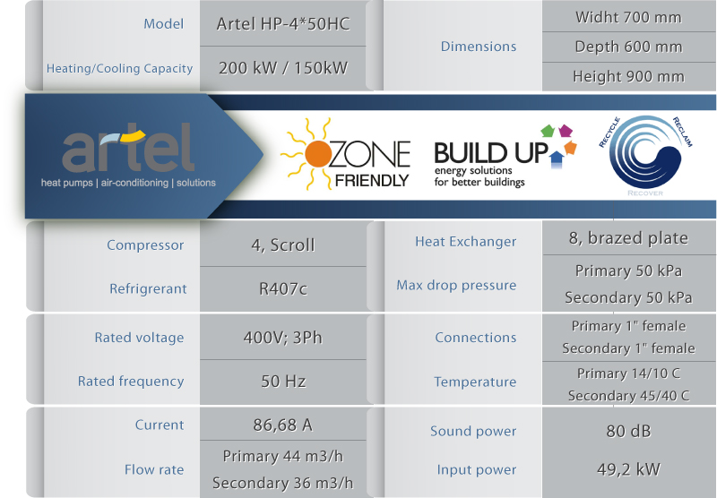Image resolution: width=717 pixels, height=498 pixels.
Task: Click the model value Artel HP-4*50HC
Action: [283, 24]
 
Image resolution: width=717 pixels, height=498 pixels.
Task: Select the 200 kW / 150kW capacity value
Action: [283, 68]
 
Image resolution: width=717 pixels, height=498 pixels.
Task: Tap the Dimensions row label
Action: [479, 47]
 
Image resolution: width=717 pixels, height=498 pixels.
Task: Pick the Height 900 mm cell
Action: [628, 76]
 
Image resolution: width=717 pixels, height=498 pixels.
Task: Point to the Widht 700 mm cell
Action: [628, 17]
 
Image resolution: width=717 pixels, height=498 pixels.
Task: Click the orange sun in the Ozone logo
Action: [318, 154]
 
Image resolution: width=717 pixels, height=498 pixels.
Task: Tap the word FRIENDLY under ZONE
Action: [372, 180]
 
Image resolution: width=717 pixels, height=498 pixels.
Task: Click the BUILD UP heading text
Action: [491, 153]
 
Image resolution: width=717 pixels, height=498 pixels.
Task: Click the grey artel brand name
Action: [128, 147]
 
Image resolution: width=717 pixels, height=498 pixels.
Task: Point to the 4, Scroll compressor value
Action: [283, 245]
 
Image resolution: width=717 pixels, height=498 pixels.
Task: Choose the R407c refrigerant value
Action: [283, 288]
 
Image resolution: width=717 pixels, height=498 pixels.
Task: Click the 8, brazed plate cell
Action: [628, 238]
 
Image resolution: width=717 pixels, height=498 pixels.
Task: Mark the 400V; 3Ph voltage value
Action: [283, 338]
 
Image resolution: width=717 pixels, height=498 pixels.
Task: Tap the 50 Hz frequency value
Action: [283, 381]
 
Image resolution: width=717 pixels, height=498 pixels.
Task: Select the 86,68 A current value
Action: [283, 425]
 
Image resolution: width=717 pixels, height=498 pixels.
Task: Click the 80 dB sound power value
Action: [628, 431]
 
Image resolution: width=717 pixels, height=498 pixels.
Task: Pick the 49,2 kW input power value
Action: [628, 469]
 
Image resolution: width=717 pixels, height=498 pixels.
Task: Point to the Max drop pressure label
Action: [456, 286]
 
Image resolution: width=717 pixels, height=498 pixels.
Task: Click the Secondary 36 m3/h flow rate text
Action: [283, 483]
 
